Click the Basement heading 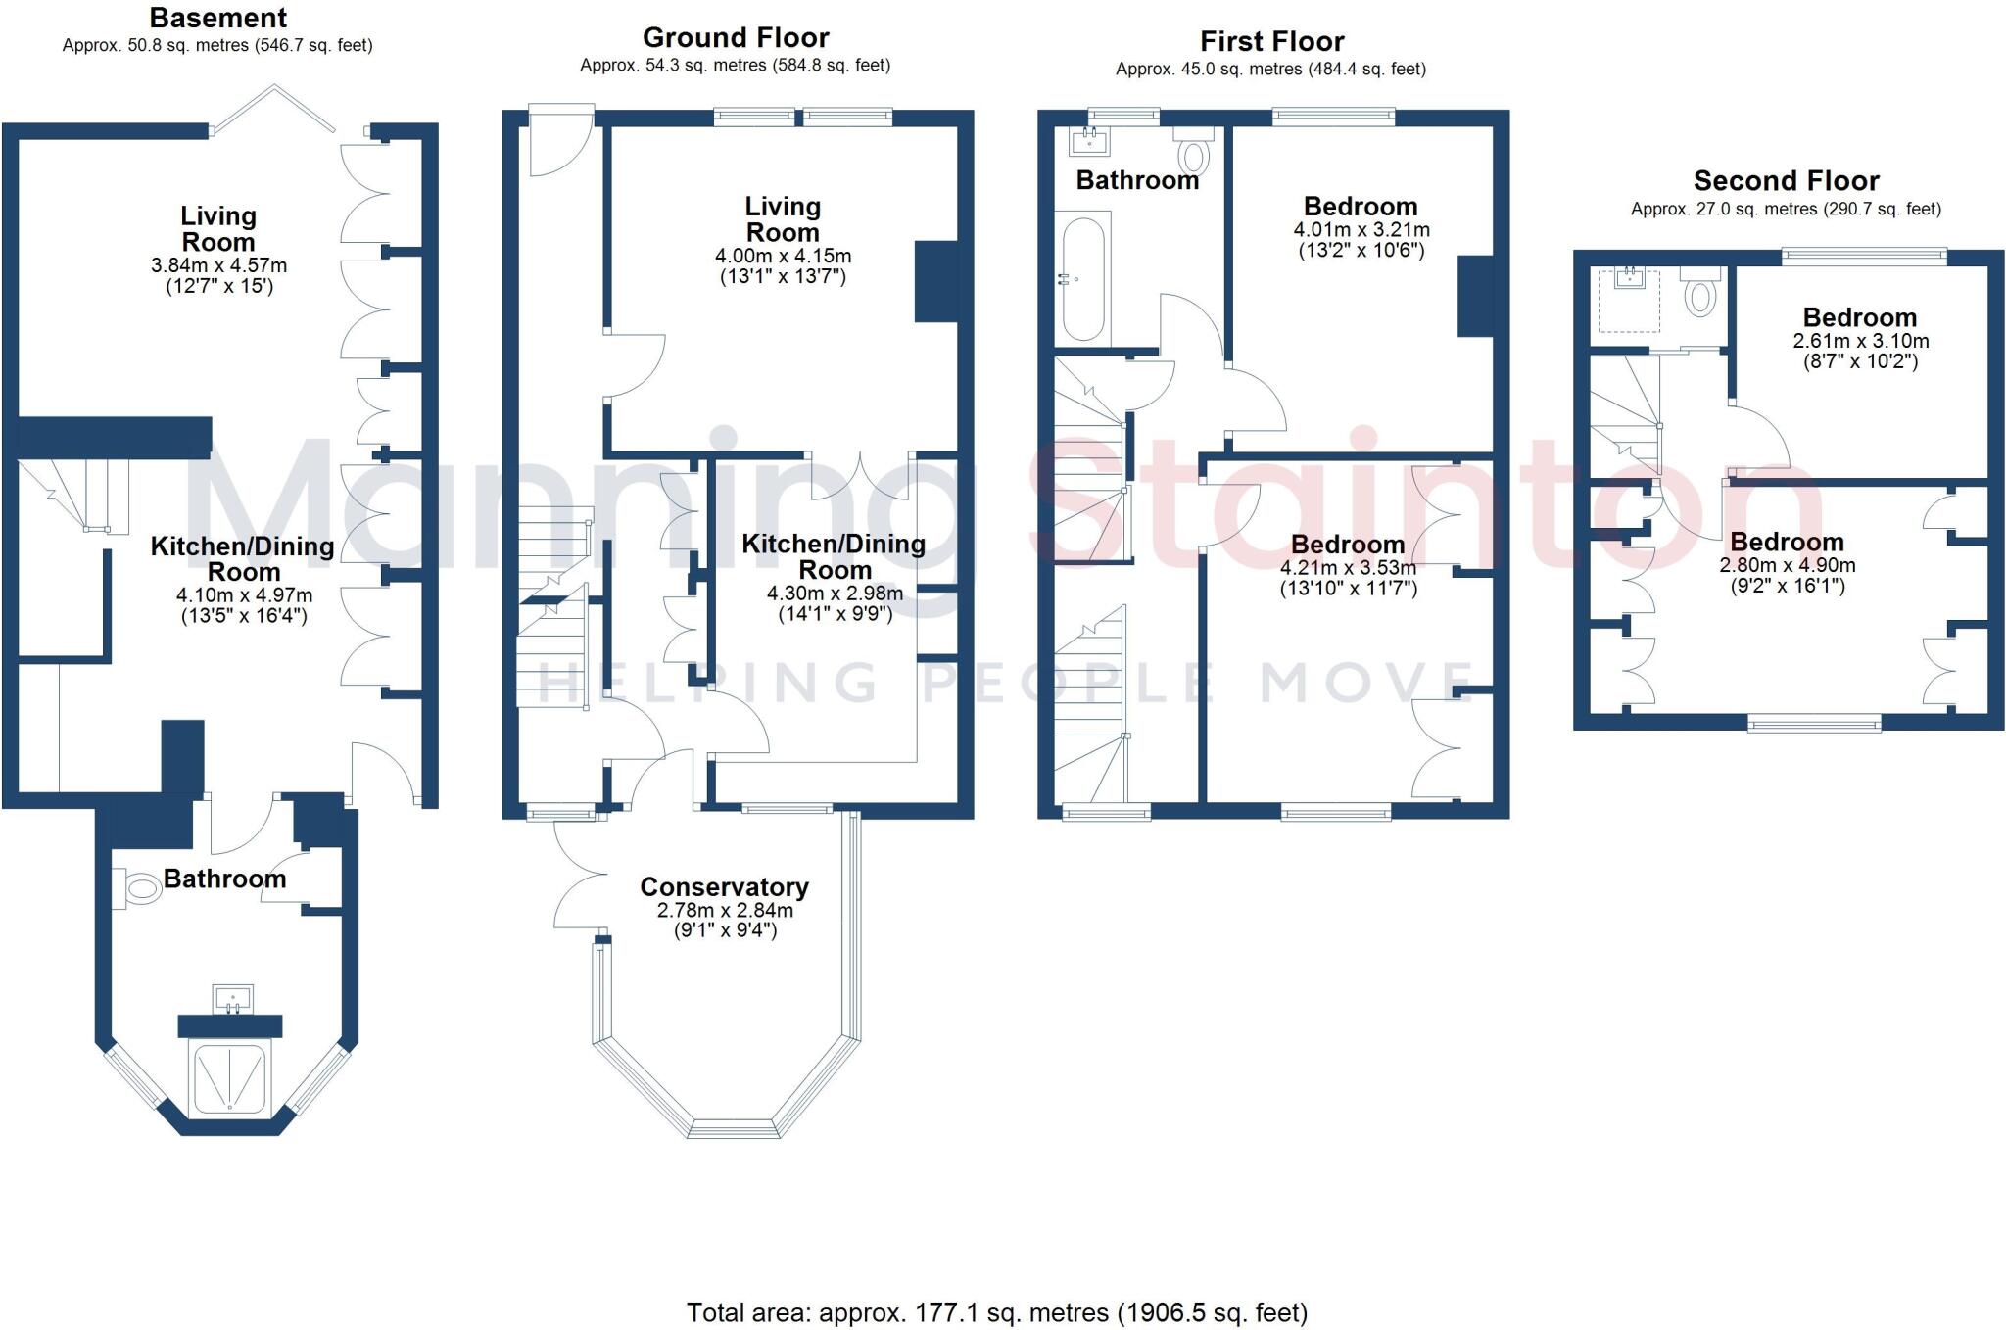pos(217,18)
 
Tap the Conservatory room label pos(724,886)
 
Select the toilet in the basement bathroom pos(140,889)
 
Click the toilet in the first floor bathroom pos(1194,155)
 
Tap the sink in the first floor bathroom pos(1090,143)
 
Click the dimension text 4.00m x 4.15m pos(783,256)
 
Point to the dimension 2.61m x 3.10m pos(1860,341)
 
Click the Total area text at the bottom pos(996,1312)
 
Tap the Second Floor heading pos(1786,181)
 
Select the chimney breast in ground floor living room pos(935,281)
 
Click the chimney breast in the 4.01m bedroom pos(1475,296)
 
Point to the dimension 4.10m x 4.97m pos(244,594)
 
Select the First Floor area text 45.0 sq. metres pos(1270,69)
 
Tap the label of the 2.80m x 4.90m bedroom pos(1787,542)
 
